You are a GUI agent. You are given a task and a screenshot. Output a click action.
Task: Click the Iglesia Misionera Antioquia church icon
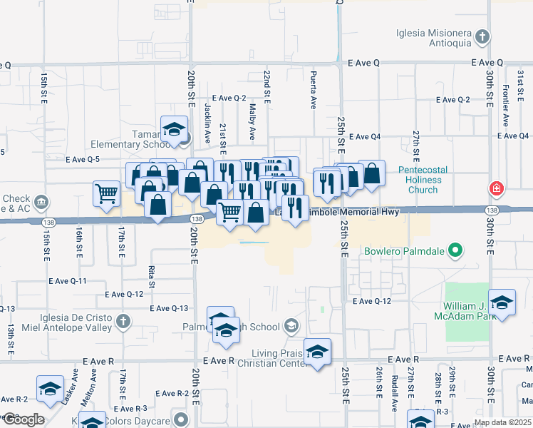(482, 36)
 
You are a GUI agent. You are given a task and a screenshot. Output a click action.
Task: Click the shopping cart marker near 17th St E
(106, 192)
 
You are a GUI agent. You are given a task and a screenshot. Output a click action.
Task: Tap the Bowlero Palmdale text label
(405, 251)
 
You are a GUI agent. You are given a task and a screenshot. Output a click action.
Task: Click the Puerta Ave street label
(313, 93)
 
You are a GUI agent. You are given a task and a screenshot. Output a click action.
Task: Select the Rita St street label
(152, 272)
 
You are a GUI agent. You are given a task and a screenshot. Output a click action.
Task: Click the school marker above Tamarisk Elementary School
(174, 129)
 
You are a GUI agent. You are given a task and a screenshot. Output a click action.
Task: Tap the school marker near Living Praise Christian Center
(317, 351)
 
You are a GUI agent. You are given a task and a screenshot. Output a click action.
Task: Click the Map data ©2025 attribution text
(502, 422)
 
